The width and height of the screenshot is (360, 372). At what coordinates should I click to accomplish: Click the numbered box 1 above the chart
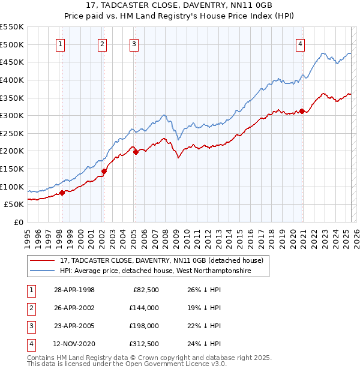(x=61, y=43)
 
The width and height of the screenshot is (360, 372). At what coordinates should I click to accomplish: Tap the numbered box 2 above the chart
(x=103, y=43)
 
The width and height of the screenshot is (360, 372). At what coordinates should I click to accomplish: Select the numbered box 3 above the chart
(x=134, y=43)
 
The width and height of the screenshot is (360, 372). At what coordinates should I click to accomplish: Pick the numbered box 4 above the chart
(x=299, y=43)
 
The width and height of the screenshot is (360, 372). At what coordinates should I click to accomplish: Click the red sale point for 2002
(x=104, y=171)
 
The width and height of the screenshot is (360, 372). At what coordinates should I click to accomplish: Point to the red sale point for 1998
(x=62, y=193)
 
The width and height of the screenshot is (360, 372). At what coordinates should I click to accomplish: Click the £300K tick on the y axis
(x=13, y=115)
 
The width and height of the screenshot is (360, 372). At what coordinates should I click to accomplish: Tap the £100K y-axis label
(x=13, y=187)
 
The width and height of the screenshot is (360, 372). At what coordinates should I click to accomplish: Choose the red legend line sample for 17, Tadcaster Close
(x=43, y=261)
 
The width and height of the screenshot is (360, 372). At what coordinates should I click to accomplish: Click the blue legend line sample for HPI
(x=43, y=271)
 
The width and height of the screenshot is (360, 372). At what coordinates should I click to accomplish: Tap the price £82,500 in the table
(x=146, y=290)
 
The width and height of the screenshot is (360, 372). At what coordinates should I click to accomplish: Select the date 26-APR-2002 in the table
(x=74, y=308)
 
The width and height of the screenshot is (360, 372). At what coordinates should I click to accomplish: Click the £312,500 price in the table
(x=144, y=344)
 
